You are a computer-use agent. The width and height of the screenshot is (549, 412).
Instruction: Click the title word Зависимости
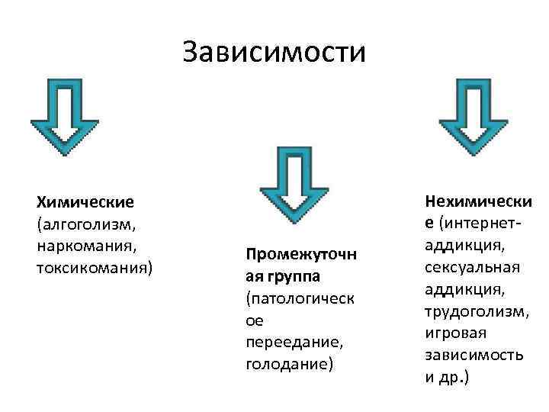pos(274,53)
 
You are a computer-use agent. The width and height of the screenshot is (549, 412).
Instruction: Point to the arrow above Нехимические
pos(473,114)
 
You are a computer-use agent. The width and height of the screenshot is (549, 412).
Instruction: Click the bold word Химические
pos(85,202)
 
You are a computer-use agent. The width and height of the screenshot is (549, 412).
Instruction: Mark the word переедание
pos(286,342)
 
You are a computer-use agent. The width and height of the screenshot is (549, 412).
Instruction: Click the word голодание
pos(287,364)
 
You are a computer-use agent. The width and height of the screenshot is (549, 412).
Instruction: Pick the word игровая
pos(455,334)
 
